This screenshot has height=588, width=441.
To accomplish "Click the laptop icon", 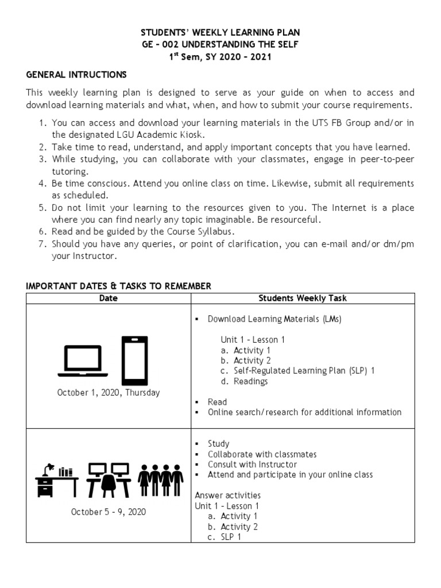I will tap(83, 361).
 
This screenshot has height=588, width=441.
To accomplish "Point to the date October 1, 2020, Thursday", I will tap(109, 393).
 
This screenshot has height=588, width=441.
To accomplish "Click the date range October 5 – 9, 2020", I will tap(109, 512).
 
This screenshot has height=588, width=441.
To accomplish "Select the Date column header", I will tap(109, 298).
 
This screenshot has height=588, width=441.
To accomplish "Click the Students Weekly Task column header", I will tap(303, 298).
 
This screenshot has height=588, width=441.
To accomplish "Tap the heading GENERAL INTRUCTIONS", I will tap(76, 75).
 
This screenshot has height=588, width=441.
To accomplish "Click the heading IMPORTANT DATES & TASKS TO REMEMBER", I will tap(119, 286).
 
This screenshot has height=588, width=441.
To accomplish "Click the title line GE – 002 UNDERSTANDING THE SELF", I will tap(220, 44).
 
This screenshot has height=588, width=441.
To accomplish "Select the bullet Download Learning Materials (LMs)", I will tap(274, 319).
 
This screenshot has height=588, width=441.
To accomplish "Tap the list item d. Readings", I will tap(244, 381).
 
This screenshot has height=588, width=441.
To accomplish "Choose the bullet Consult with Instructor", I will tap(252, 465).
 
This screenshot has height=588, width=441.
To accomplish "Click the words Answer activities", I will tap(227, 495).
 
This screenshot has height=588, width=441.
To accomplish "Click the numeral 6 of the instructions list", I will tap(42, 231).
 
